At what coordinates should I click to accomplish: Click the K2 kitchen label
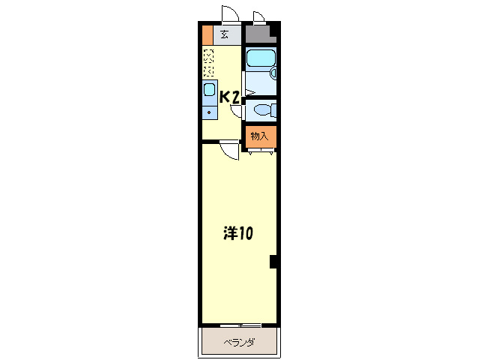point(229,97)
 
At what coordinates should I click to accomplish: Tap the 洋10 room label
point(238,234)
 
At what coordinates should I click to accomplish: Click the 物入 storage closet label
point(260,136)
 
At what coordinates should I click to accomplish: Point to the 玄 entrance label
point(225,34)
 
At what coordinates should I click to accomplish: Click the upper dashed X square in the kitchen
point(208,55)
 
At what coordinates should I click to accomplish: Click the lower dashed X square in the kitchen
point(208,70)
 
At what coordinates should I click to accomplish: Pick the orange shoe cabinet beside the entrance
point(208,35)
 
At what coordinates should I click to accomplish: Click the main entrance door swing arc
point(230,15)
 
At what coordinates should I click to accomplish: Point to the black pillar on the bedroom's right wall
point(273,262)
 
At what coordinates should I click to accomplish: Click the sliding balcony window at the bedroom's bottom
point(239,325)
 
